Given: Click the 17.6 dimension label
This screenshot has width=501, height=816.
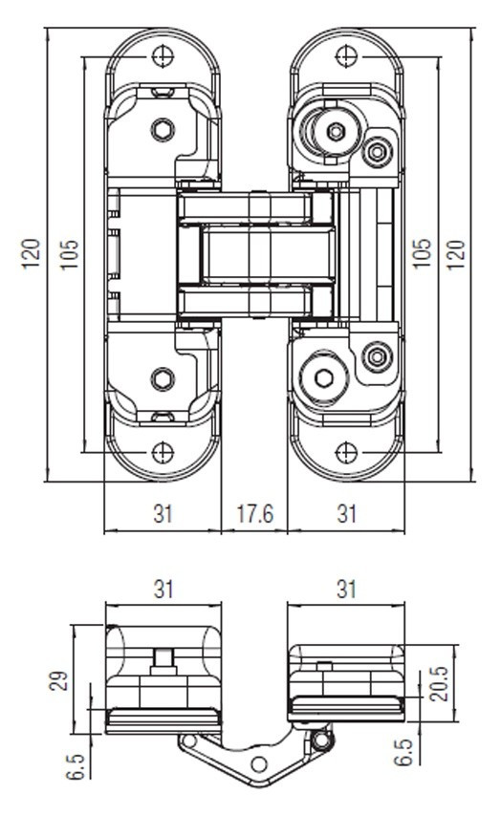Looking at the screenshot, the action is coord(254,514).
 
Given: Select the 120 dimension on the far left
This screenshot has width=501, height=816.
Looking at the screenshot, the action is coord(32,253).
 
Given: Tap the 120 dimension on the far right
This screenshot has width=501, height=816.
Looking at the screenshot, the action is coord(456,254).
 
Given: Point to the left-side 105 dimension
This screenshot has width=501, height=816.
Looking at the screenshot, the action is coord(69,254).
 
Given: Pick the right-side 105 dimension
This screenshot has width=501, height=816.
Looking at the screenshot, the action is coord(422,253).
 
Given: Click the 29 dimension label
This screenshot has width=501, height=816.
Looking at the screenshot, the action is coord(59,680).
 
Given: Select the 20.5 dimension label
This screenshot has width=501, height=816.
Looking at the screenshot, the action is coord(439,683).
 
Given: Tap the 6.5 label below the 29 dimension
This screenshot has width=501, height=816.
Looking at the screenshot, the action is coord(76,766).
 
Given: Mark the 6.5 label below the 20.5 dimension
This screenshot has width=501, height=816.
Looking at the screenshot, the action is coord(403,753).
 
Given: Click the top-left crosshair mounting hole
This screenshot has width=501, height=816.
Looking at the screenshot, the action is coord(163,55).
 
